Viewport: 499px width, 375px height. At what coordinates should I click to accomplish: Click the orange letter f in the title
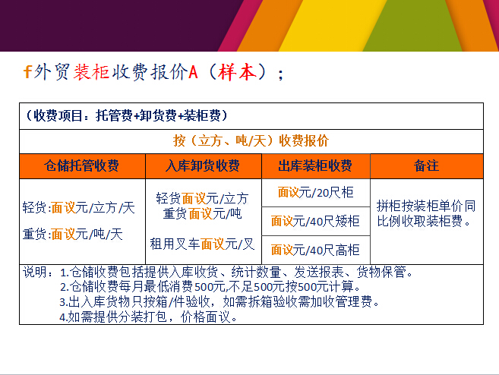click(27, 71)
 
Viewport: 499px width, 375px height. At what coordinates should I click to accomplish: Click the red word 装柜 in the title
click(91, 71)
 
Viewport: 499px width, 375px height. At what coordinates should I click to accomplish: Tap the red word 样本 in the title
click(238, 71)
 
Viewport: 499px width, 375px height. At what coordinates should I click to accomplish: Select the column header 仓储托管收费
click(82, 165)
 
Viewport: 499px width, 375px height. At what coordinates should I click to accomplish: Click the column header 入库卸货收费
click(203, 165)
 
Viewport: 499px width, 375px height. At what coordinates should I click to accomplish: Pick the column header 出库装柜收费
click(315, 165)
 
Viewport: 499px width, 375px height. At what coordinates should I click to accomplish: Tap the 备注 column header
click(426, 165)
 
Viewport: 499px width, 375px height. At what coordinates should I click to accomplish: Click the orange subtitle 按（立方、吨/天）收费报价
click(251, 140)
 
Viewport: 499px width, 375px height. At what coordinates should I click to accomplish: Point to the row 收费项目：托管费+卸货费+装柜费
click(126, 115)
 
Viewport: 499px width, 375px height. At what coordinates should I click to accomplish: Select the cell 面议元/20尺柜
click(315, 192)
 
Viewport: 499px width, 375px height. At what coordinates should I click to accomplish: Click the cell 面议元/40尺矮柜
click(315, 221)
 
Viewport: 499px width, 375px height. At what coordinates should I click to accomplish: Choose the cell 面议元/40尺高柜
click(315, 250)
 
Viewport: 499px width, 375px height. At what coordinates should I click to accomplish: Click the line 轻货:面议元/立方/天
click(79, 208)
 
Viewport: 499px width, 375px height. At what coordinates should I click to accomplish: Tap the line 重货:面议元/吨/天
click(73, 234)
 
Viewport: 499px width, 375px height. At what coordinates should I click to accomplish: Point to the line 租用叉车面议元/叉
click(202, 244)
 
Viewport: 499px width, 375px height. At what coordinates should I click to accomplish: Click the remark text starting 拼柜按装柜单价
click(426, 213)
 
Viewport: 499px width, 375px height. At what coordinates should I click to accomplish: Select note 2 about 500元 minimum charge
click(210, 287)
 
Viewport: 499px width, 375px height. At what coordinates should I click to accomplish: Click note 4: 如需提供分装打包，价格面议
click(148, 317)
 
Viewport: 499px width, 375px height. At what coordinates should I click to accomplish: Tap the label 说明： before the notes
click(37, 273)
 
